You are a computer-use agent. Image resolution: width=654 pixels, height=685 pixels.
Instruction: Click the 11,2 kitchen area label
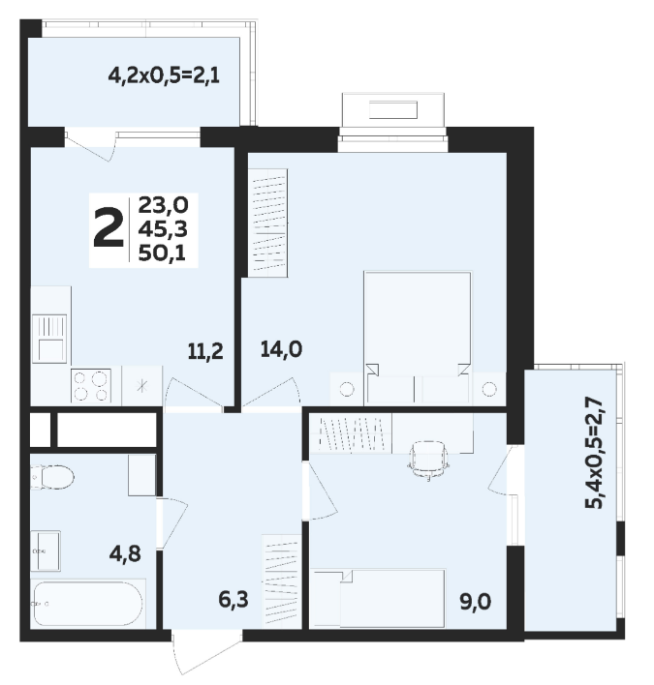coord(205,351)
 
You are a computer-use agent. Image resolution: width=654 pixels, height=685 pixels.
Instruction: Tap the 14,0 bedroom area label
coord(281,349)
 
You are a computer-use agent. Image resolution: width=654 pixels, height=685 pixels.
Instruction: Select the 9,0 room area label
coord(475,602)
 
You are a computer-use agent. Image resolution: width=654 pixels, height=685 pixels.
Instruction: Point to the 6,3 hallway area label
coord(234,600)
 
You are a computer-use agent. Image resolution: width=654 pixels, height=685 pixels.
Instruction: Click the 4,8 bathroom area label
coord(125,553)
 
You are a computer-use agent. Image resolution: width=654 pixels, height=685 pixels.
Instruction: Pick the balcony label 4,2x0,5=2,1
coord(164,76)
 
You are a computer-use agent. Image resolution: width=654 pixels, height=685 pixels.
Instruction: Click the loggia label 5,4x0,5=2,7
coord(595,454)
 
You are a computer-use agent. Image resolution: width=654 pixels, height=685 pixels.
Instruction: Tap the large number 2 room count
coord(109,228)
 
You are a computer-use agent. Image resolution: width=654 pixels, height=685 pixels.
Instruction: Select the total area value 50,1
coord(162,253)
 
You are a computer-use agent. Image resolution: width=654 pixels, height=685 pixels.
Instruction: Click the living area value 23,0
coord(163,205)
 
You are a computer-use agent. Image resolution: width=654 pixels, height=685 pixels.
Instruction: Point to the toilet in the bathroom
coord(52,477)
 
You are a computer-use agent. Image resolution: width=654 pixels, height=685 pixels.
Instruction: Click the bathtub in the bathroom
coord(88,604)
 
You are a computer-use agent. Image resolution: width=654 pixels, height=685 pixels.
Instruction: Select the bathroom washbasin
coord(46,551)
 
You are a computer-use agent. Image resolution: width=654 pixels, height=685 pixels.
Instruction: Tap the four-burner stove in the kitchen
coord(91,385)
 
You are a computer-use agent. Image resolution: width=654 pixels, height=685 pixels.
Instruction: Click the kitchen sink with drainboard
coord(49,339)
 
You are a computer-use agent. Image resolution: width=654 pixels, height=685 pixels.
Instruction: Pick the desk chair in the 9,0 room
coord(428,461)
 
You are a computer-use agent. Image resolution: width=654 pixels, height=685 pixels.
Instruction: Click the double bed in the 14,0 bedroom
coord(418,338)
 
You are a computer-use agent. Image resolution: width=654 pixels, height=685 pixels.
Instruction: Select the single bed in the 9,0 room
coord(380,598)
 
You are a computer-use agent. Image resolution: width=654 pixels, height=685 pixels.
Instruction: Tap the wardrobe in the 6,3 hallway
coord(282,581)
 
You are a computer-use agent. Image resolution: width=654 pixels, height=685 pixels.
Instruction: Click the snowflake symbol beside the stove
coord(141,386)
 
